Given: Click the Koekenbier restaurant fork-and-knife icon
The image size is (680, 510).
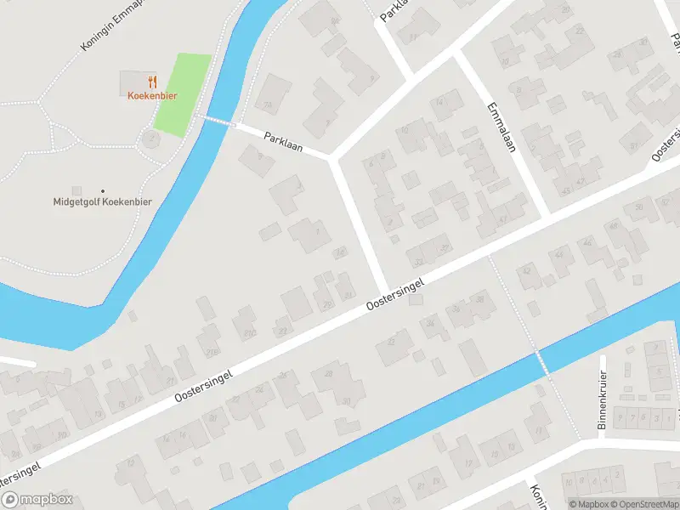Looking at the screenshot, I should pos(153,82).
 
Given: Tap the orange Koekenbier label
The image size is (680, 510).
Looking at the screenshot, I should pos(152,96).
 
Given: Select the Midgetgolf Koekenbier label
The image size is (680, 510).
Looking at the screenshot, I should pos(103,201).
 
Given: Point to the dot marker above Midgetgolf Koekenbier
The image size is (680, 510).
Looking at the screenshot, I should pos(103,190).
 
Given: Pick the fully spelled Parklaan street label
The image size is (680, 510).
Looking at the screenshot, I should pos(283,140).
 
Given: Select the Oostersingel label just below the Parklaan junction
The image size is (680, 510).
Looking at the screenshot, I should pos(394,297).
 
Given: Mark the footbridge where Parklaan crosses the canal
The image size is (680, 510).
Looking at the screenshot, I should pos(216,122).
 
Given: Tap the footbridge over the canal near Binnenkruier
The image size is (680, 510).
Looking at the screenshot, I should pos(539,360).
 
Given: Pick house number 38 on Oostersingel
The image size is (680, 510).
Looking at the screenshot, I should pos(480,299).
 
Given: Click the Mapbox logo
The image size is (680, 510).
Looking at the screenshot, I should pos(37,500).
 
